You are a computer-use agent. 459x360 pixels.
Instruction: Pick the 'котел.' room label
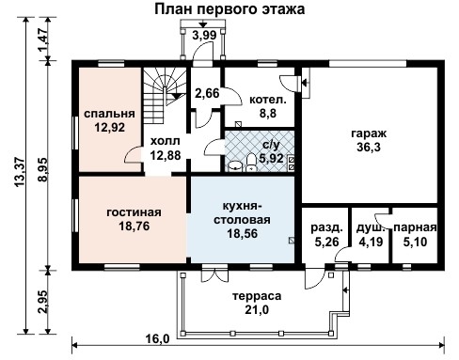coord(262,99)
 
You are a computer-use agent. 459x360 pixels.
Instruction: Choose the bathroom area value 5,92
coord(270,158)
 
